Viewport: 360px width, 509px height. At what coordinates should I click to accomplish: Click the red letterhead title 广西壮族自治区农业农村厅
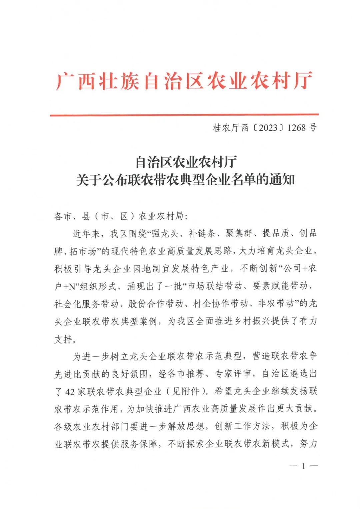(x=184, y=81)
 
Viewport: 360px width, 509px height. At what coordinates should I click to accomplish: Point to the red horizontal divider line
(x=184, y=115)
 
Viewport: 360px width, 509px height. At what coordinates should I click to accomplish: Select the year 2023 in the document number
(x=268, y=128)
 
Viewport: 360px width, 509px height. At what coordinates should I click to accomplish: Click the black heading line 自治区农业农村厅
(x=186, y=162)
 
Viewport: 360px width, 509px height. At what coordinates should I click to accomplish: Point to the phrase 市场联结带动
(x=215, y=286)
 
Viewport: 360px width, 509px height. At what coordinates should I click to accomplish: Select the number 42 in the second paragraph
(x=70, y=391)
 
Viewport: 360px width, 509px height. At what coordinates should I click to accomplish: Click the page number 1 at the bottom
(x=303, y=466)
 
